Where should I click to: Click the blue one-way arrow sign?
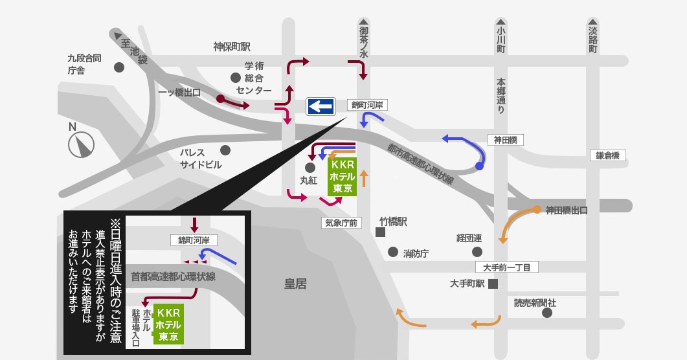coord(321,106)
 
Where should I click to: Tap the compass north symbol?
coord(81,144)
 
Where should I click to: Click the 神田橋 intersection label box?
coord(505,140)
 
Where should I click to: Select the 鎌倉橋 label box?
coord(608,155)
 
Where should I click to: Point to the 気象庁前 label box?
coord(341,223)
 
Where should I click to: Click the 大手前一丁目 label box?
coord(506,267)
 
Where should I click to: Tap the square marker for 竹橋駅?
coord(380,232)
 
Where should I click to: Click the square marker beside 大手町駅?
coord(493,284)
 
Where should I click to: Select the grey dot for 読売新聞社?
coord(546,313)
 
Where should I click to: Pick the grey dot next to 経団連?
coord(477,252)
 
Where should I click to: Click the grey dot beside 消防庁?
coord(393,252)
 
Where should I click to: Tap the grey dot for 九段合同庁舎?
coord(118,67)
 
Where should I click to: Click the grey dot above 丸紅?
coord(310,167)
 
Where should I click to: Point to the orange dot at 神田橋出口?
coord(537,209)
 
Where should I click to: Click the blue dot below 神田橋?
coord(479,166)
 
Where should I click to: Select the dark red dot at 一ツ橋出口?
coord(220,99)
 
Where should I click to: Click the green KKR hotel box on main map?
coord(342,177)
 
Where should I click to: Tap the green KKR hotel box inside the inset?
coord(168,324)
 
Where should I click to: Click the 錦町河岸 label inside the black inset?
coord(194,240)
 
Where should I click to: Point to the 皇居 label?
coord(295,284)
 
